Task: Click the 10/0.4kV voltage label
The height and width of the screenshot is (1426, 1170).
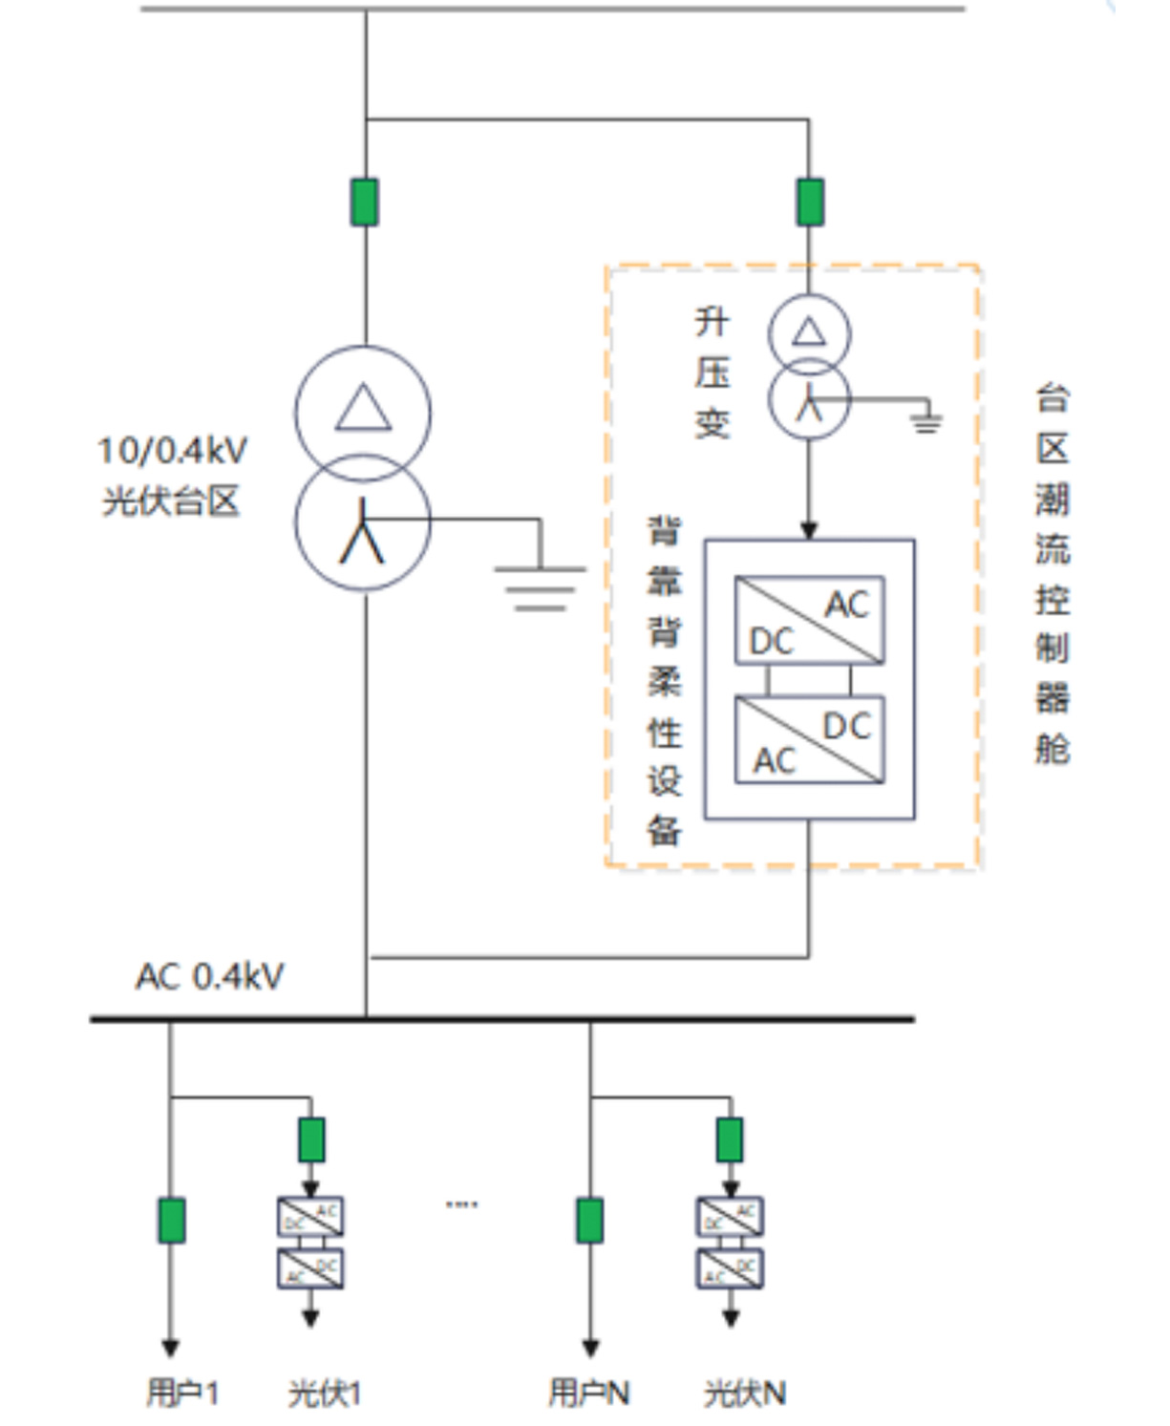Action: (x=173, y=450)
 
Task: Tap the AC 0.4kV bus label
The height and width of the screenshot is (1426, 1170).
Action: (x=210, y=976)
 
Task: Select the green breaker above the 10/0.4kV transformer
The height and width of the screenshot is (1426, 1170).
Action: (x=365, y=202)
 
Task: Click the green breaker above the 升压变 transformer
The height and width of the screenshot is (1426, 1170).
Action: (x=810, y=202)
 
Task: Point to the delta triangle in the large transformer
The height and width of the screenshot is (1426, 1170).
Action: (x=363, y=408)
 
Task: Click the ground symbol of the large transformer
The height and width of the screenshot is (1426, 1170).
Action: (x=540, y=585)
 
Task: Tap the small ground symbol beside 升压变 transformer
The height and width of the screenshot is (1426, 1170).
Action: (x=925, y=419)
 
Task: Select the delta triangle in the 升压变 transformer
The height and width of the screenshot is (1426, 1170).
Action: (x=809, y=331)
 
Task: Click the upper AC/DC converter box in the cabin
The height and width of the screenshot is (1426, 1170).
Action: (x=809, y=620)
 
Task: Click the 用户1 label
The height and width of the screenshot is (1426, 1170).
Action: (x=182, y=1393)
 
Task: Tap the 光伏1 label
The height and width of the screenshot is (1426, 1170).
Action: (x=325, y=1393)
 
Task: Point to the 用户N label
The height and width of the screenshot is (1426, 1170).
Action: (x=589, y=1393)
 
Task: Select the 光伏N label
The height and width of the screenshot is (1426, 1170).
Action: (x=745, y=1393)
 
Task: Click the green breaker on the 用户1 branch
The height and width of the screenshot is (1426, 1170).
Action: (x=172, y=1220)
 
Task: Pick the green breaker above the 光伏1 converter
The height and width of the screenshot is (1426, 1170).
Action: (x=311, y=1139)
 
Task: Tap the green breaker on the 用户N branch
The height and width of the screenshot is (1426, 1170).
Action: (x=590, y=1220)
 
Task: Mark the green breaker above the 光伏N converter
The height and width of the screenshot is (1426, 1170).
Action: (x=730, y=1139)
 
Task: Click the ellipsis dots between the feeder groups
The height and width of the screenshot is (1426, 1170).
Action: (x=461, y=1204)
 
